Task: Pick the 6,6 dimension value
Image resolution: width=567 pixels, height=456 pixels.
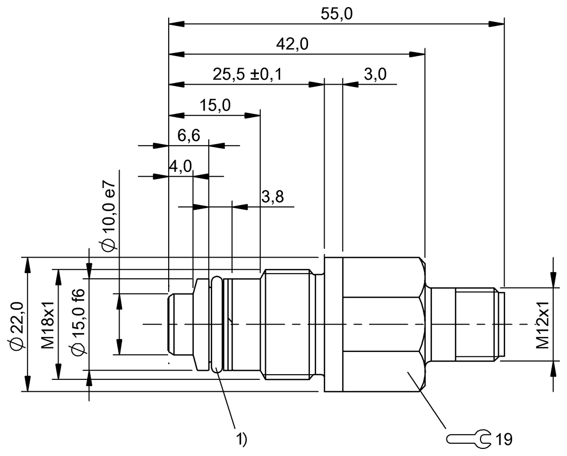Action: [189, 136]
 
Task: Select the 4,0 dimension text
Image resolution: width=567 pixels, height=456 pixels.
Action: [180, 166]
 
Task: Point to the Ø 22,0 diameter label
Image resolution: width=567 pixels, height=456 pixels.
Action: [17, 325]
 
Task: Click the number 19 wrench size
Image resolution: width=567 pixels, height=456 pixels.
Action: [504, 439]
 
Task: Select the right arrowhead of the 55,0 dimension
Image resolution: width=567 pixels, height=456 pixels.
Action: [496, 23]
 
